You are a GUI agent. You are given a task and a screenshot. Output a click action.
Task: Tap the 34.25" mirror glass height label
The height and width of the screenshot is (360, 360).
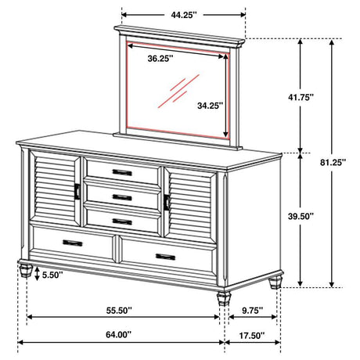click(x=211, y=104)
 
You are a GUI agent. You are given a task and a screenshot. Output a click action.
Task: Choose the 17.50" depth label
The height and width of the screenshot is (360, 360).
click(x=248, y=337)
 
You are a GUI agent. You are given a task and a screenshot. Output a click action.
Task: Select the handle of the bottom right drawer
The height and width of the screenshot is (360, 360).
click(x=166, y=255)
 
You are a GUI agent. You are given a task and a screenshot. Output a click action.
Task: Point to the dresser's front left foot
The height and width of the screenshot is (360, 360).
click(x=26, y=272)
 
